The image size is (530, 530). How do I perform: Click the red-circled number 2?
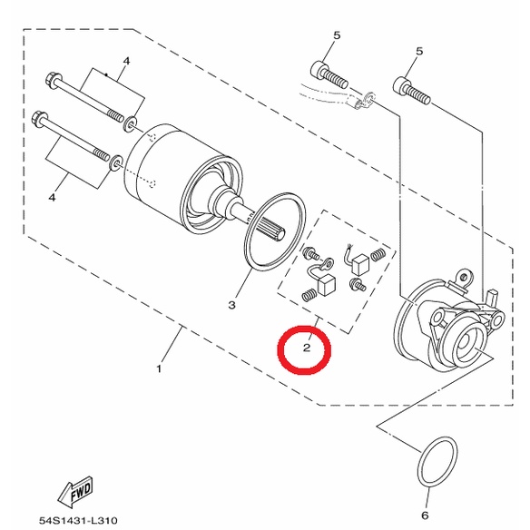point(307,348)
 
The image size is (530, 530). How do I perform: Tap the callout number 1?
point(159,368)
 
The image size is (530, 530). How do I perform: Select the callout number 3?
point(231,305)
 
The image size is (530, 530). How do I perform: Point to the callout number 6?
point(425,515)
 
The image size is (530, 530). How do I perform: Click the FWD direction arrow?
point(76,492)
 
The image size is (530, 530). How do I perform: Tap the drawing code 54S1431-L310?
point(78,520)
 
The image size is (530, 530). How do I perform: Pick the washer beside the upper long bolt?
point(131,124)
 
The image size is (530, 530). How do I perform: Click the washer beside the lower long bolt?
point(117,162)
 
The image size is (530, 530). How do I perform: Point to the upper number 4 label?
point(126,61)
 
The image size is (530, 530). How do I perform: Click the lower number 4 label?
point(52,198)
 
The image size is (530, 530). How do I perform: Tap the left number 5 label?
point(337,35)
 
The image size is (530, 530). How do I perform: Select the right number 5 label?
point(419,52)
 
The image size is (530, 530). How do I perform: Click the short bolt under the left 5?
point(329,74)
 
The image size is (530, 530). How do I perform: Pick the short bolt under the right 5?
point(412,91)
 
